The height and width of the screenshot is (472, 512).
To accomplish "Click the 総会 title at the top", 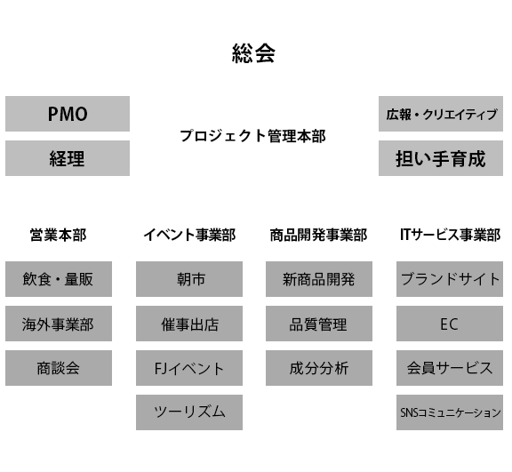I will [x=253, y=53].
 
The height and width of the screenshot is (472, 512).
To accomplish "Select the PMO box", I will [x=68, y=114].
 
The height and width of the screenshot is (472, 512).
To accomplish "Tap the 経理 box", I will [x=68, y=158].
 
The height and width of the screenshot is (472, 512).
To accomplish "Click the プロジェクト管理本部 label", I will [x=252, y=136].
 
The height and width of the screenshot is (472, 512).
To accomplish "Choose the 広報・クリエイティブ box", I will [x=441, y=114].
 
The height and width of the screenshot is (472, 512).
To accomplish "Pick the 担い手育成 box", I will [x=441, y=158].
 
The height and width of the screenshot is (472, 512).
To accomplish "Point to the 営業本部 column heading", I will [x=59, y=236].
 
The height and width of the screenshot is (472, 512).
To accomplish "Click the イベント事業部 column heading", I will [x=189, y=236].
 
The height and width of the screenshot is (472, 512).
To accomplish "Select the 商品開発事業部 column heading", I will [x=318, y=236].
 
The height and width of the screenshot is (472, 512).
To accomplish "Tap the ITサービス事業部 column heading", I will [x=449, y=236].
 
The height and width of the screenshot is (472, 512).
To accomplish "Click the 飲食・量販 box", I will [x=59, y=279].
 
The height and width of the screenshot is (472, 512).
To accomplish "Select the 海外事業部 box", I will [x=59, y=324].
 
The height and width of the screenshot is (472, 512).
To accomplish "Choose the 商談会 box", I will [x=59, y=368].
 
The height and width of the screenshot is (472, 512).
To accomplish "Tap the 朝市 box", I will [x=189, y=279].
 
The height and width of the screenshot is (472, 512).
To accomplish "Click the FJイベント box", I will [x=189, y=368].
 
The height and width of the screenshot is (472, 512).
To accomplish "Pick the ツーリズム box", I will [x=189, y=412].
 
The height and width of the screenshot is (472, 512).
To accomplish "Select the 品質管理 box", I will [x=318, y=324].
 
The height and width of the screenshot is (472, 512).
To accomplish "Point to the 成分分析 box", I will [x=318, y=368].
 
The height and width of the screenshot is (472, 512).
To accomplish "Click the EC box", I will [x=449, y=324].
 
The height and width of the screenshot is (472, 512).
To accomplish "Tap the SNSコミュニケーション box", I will [x=449, y=412].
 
